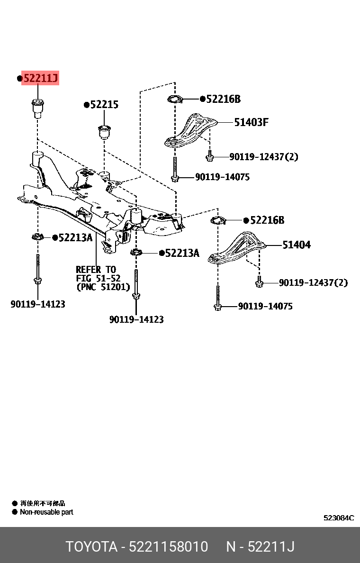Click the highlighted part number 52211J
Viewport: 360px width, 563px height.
point(40,78)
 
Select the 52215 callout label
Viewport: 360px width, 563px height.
point(104,104)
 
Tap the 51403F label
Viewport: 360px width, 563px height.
point(251,122)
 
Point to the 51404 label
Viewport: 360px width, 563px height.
point(297,245)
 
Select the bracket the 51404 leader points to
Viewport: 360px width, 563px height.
point(237,248)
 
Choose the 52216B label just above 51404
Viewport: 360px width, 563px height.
point(267,220)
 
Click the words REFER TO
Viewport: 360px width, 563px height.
point(96,269)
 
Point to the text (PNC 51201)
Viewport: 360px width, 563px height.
point(103,287)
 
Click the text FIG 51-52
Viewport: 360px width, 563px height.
point(98,278)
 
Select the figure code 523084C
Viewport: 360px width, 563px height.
point(339,518)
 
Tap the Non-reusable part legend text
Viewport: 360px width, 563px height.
point(46,512)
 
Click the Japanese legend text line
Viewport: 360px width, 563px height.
point(42,503)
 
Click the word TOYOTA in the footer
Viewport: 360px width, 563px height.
point(91,547)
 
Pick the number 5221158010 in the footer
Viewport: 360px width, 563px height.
point(168,547)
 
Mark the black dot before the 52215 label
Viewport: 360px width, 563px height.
point(87,105)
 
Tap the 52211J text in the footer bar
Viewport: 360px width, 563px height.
point(271,547)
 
